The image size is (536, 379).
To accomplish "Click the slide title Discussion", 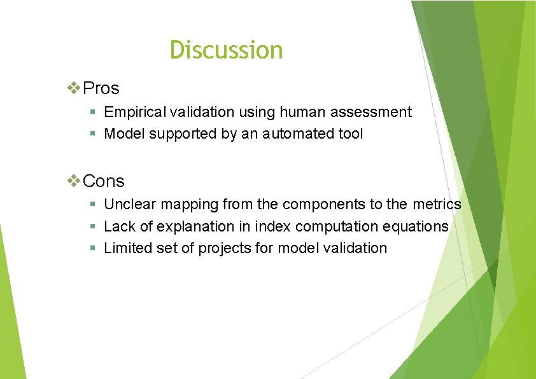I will (226, 50).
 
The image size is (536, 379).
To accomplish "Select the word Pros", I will (101, 88).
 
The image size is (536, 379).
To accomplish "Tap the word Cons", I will (104, 181).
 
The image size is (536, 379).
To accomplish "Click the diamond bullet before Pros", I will (74, 88).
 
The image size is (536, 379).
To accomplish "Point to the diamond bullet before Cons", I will (74, 181).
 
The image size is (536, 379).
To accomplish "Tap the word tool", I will (351, 134).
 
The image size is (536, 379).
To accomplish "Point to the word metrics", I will (436, 204).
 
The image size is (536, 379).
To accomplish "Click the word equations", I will (416, 226).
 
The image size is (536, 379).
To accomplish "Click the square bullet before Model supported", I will (93, 134).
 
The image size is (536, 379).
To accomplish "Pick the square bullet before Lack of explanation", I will (93, 226).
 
